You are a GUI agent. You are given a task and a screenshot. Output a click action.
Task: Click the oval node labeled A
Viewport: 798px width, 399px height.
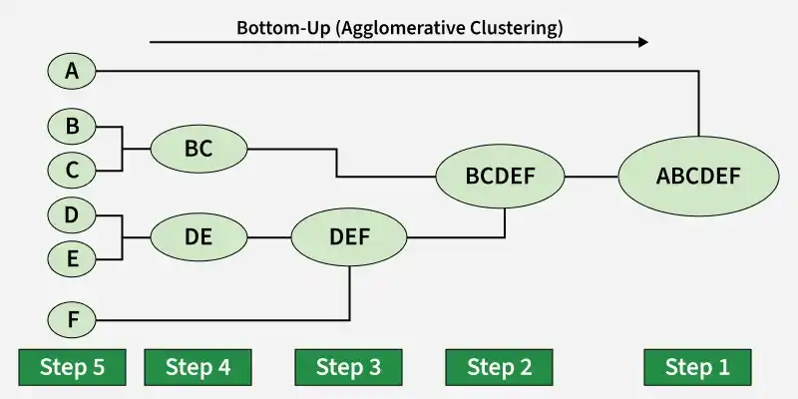(71, 71)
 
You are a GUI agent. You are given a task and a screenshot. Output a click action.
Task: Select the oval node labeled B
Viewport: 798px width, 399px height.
(71, 128)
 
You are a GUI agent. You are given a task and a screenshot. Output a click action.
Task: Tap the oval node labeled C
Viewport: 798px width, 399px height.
(71, 171)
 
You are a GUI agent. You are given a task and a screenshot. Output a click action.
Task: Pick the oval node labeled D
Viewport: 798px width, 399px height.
(71, 215)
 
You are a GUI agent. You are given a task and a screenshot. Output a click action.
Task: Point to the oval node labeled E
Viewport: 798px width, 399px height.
(71, 259)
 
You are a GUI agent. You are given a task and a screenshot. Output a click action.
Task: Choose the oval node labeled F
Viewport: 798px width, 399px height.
(71, 321)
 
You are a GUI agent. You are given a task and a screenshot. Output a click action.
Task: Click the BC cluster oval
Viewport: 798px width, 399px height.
(199, 150)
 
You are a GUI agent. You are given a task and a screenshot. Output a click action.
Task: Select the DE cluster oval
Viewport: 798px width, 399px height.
(199, 237)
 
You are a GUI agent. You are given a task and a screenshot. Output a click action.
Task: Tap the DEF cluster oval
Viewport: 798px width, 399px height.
(349, 237)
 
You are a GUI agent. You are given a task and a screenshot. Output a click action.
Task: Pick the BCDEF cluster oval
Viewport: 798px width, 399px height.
(501, 178)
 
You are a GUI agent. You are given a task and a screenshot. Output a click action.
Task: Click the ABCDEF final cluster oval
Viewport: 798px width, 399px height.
(698, 178)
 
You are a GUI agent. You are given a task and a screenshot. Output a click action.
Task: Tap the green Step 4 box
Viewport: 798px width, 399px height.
(198, 367)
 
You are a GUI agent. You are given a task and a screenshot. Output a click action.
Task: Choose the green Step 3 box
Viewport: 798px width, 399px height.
(348, 367)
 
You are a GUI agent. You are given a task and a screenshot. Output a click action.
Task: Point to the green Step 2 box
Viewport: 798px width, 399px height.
(499, 367)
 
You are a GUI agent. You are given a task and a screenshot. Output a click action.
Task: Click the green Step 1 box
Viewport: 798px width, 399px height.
(697, 367)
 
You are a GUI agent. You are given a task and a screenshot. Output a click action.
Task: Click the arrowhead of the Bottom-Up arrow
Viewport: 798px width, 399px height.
(642, 42)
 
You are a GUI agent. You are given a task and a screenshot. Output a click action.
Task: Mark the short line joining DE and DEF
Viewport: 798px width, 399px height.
(268, 237)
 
